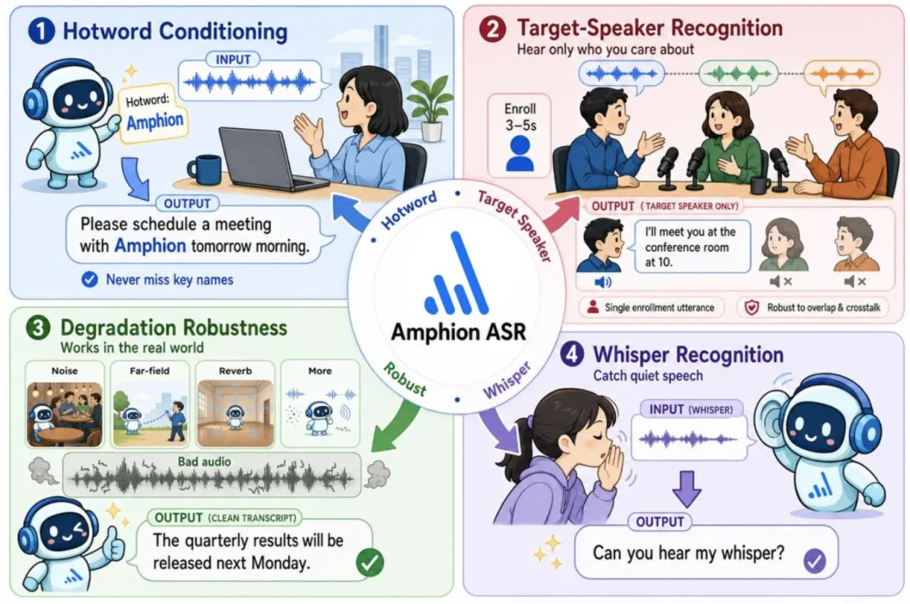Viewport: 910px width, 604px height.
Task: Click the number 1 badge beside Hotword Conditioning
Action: pos(41,31)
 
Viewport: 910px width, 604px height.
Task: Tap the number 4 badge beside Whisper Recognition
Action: pos(572,354)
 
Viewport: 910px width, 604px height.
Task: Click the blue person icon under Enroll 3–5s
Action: pos(519,154)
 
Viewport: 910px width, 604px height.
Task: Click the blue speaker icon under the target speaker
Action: pos(603,282)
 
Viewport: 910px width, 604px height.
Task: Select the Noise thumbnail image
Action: pos(64,414)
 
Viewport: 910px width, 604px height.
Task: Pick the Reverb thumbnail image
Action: pos(235,414)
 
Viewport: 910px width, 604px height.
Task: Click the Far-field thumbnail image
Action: pos(150,414)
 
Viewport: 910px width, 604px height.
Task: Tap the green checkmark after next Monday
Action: pos(370,562)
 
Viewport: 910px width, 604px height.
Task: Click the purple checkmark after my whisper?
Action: pos(815,560)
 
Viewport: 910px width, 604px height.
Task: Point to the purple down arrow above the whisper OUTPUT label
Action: pos(687,489)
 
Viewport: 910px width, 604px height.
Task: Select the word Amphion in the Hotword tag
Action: pos(155,122)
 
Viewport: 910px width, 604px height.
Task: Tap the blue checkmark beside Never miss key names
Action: pos(89,280)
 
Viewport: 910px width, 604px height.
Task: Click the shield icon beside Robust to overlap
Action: pos(752,307)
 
